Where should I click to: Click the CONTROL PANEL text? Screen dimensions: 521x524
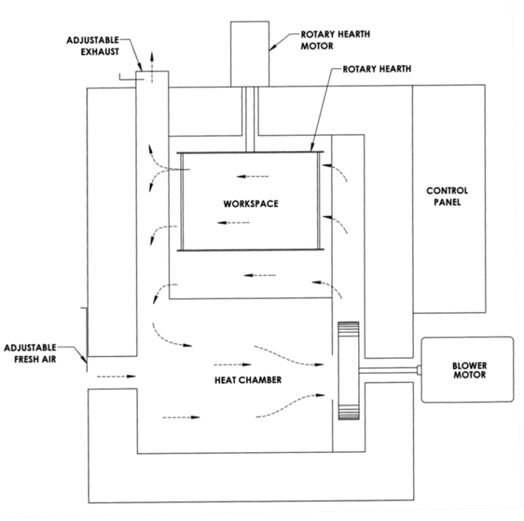tap(447, 196)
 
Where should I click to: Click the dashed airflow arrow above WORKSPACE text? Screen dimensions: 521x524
tap(252, 176)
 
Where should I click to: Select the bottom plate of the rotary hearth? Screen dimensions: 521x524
tap(250, 251)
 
